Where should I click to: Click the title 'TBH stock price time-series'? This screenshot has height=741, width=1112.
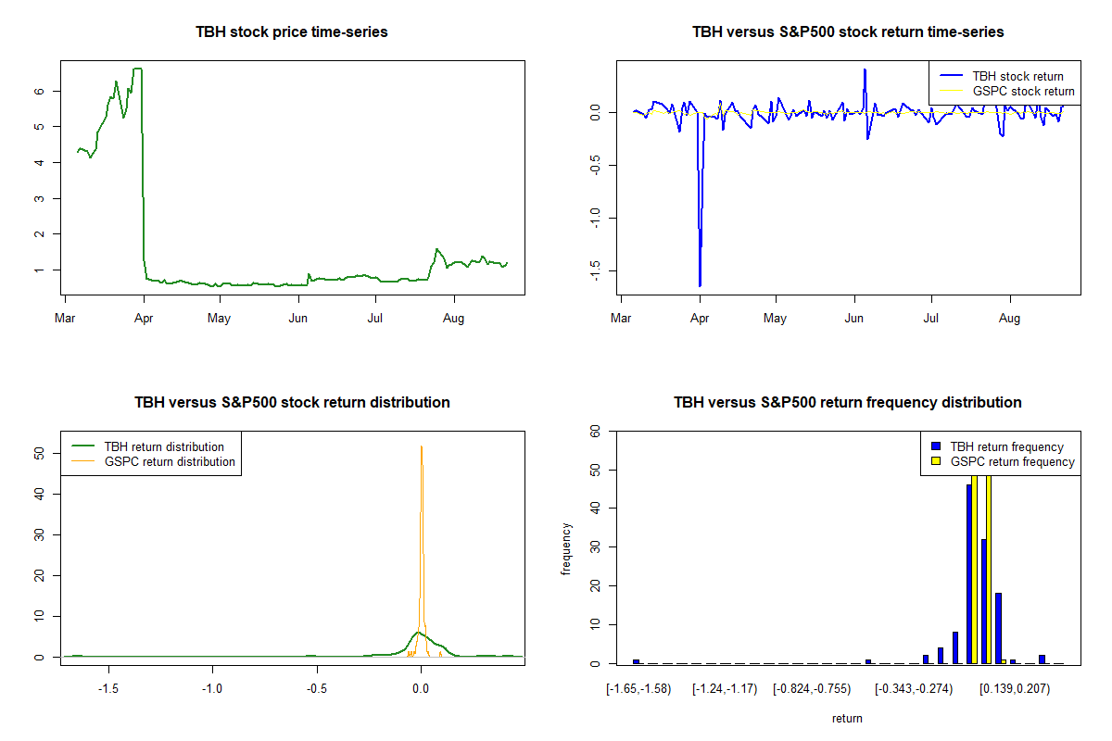(292, 32)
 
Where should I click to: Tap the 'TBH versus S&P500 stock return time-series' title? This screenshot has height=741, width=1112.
(848, 32)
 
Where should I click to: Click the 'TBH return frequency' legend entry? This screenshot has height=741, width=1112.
(1006, 446)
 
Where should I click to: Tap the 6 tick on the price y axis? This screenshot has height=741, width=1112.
(40, 91)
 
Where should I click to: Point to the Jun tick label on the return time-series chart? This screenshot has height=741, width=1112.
(854, 319)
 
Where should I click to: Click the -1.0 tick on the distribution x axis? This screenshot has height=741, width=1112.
(212, 689)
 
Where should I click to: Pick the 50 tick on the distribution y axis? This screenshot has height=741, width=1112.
(40, 454)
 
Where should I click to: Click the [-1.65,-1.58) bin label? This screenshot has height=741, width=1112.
(638, 689)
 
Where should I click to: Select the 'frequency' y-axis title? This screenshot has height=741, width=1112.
(566, 548)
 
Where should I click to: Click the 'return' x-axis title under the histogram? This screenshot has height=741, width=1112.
(847, 718)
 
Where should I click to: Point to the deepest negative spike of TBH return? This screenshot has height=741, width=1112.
(700, 285)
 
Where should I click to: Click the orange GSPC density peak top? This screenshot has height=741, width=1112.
(422, 446)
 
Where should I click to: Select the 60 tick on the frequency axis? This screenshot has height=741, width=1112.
(596, 431)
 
